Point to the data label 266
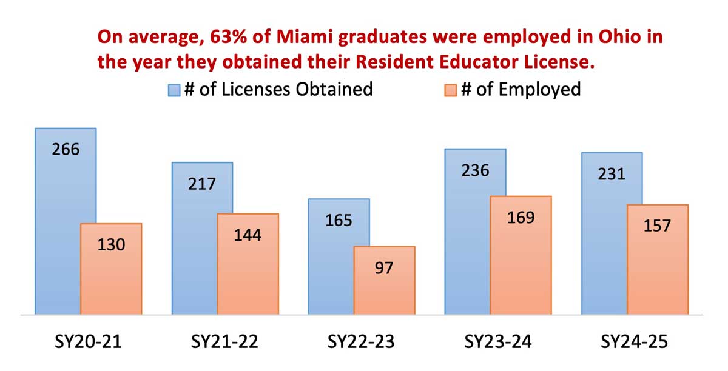pyautogui.click(x=66, y=149)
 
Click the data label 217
pyautogui.click(x=202, y=183)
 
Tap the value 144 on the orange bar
pyautogui.click(x=248, y=235)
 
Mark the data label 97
pyautogui.click(x=384, y=267)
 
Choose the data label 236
pyautogui.click(x=475, y=170)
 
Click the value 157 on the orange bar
pyautogui.click(x=657, y=226)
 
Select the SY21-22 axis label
pyautogui.click(x=224, y=342)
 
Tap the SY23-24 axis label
pyautogui.click(x=497, y=342)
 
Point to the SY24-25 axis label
pyautogui.click(x=634, y=342)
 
